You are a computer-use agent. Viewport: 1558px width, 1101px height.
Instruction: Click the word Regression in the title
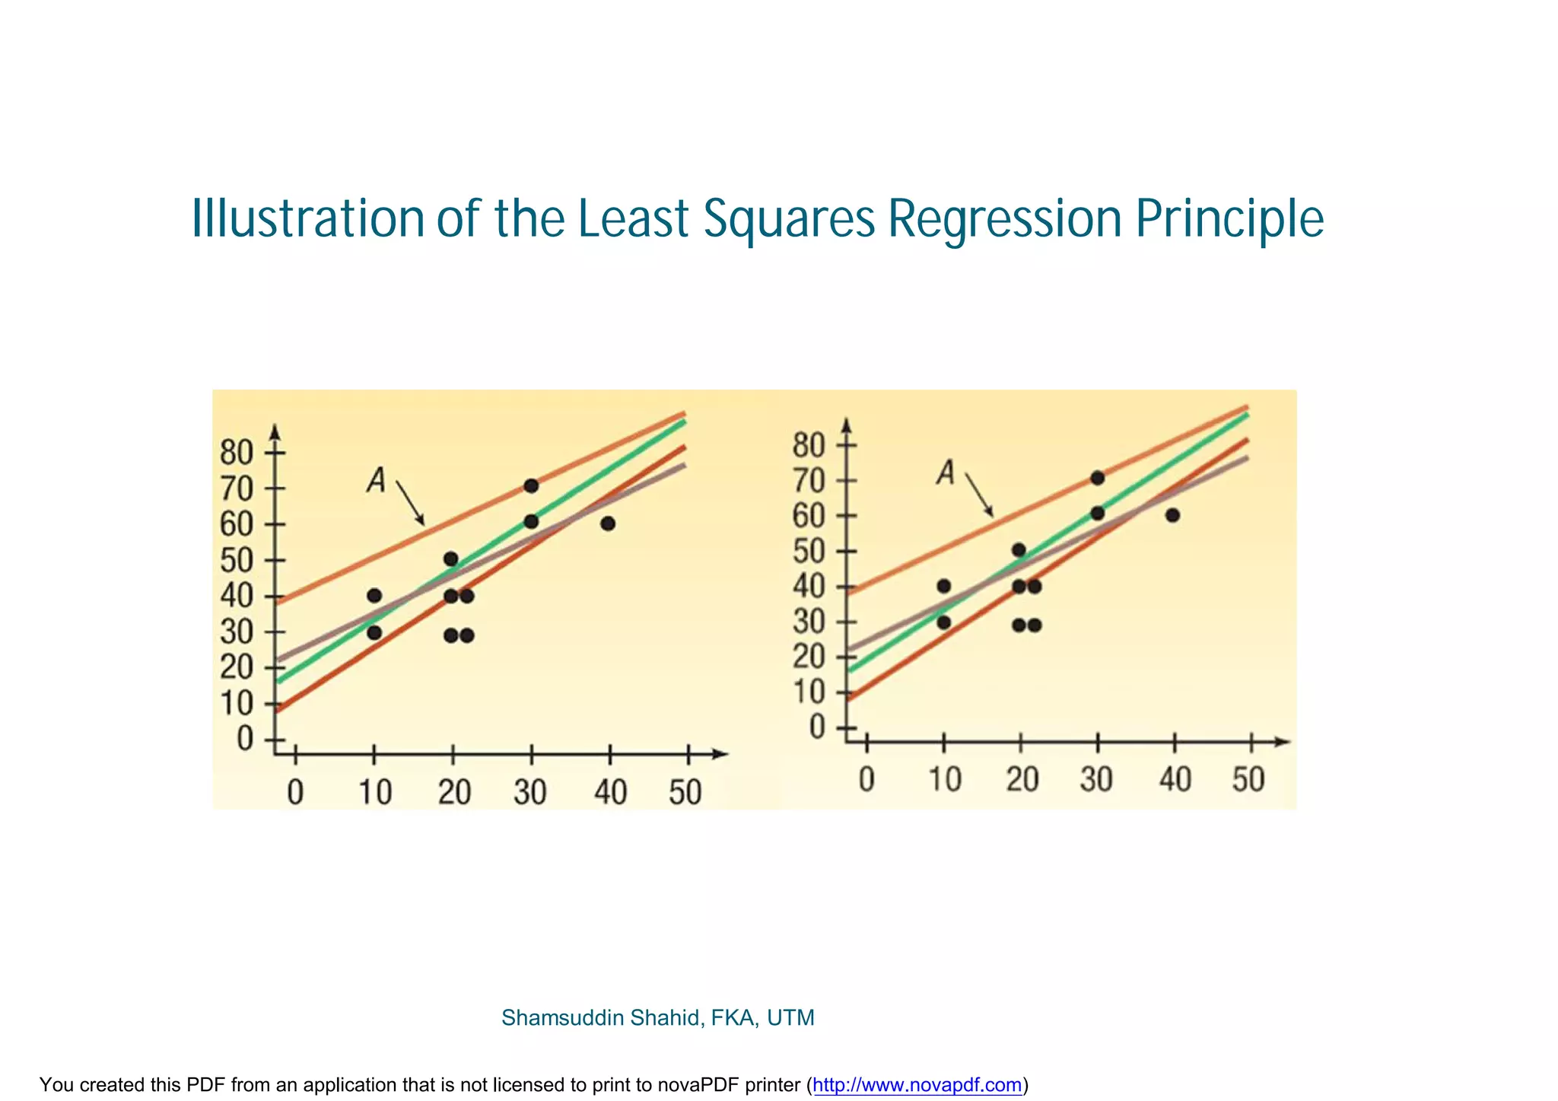[x=1004, y=220]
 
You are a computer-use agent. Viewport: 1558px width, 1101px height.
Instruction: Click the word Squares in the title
[x=789, y=220]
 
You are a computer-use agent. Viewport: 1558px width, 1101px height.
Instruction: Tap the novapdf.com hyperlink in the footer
[x=917, y=1085]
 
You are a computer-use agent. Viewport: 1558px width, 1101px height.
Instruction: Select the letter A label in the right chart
[x=946, y=473]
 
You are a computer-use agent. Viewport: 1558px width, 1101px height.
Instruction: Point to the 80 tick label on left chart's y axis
[x=236, y=453]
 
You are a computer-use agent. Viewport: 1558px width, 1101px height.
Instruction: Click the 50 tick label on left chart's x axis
[x=685, y=793]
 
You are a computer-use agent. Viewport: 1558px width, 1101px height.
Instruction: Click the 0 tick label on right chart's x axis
[x=866, y=780]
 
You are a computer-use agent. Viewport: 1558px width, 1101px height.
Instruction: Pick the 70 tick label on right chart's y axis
[x=808, y=481]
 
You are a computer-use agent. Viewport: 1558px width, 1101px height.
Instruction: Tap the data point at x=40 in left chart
[x=607, y=523]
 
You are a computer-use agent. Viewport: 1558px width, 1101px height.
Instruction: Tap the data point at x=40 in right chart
[x=1172, y=515]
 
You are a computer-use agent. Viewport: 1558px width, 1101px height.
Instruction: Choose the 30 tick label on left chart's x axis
[x=530, y=793]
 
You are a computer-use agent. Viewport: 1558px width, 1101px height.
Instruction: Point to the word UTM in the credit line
[x=790, y=1018]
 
